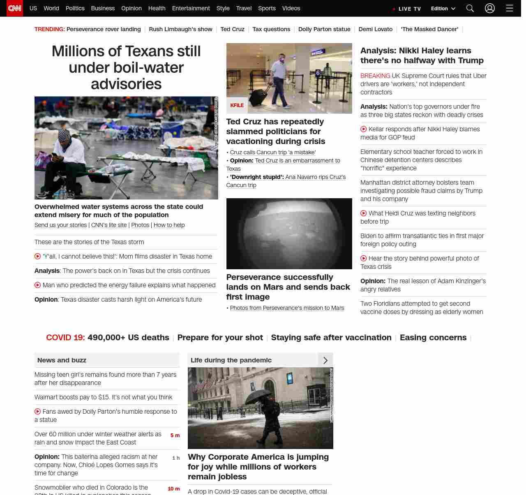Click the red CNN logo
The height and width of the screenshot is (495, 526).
[x=15, y=8]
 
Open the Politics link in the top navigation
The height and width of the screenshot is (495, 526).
[x=75, y=8]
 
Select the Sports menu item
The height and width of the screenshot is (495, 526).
[x=267, y=8]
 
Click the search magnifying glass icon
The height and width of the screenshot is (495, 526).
[x=470, y=8]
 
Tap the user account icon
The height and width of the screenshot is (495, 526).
[x=489, y=8]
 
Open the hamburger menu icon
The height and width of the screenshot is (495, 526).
[x=510, y=8]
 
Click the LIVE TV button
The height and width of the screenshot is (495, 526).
[x=407, y=9]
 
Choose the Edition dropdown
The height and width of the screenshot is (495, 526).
[x=443, y=9]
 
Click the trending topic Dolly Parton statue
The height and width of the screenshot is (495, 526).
[x=324, y=29]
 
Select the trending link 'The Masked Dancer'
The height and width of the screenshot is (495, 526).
[x=429, y=29]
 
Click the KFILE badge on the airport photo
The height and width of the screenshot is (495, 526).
[x=237, y=105]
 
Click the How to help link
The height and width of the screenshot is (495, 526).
[x=169, y=225]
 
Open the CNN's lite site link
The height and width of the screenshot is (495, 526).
[x=109, y=225]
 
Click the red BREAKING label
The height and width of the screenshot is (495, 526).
[x=375, y=76]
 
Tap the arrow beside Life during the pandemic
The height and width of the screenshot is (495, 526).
[x=325, y=360]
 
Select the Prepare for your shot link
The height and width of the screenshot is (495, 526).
[x=220, y=337]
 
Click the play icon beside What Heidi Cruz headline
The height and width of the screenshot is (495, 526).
[x=364, y=213]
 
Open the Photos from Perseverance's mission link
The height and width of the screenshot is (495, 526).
[x=287, y=308]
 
